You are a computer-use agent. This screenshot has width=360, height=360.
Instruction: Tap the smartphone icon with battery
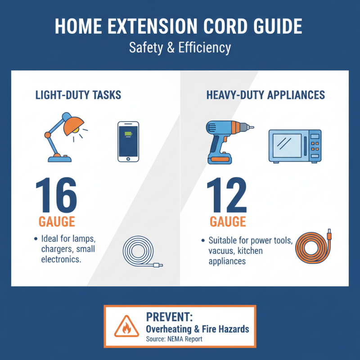(128, 141)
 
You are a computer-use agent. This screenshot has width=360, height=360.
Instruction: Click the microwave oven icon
(295, 146)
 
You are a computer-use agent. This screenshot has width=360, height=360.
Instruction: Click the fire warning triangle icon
(123, 328)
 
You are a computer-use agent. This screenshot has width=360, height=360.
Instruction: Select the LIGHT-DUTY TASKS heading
(78, 95)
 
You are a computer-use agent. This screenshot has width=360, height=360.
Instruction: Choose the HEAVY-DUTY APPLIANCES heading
(265, 95)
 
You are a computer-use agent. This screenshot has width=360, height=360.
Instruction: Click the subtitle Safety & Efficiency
(180, 48)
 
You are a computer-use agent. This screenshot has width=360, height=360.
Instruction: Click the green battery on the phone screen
(128, 135)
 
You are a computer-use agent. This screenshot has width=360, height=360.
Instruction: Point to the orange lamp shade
(71, 126)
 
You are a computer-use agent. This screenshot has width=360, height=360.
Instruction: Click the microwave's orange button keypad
(315, 146)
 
